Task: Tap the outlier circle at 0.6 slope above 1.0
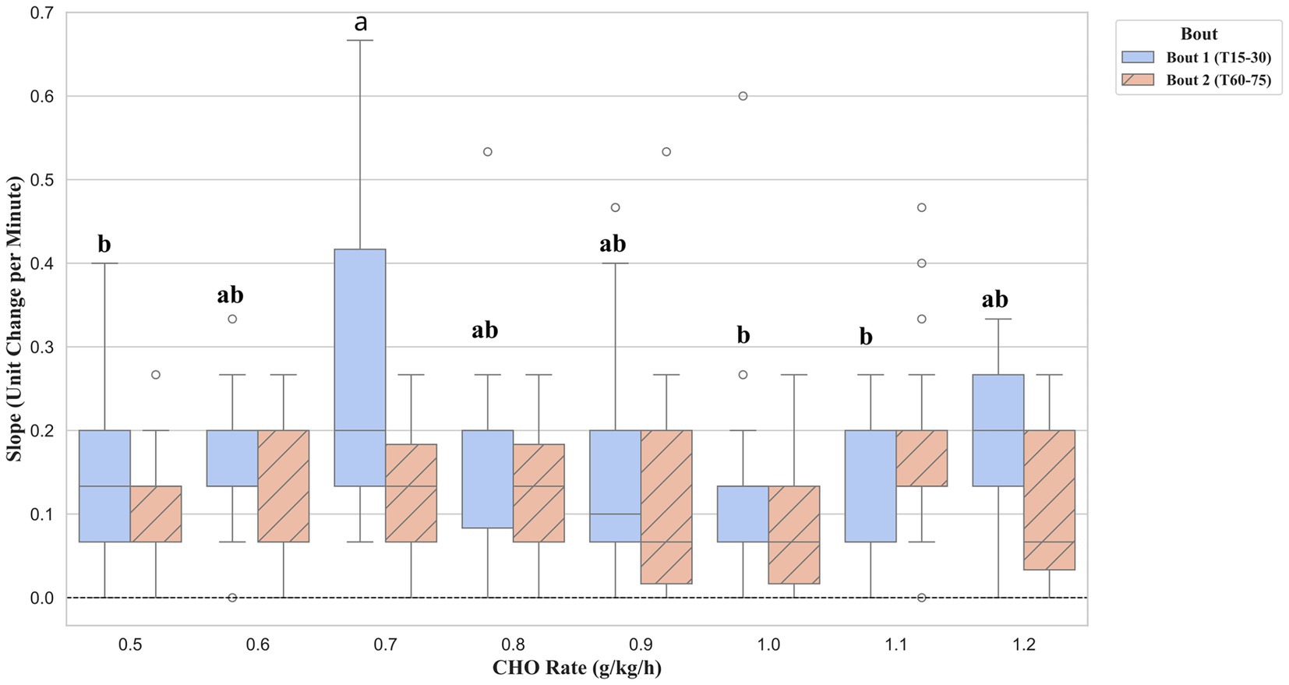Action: pos(743,96)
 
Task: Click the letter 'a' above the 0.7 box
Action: pos(360,23)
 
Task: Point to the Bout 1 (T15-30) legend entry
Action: pos(1197,58)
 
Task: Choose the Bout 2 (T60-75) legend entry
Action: pos(1197,79)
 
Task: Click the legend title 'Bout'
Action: pos(1199,34)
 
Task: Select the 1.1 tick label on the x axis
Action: pos(896,644)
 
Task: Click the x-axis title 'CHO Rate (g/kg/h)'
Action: pos(577,668)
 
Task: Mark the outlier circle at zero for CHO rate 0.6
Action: pos(232,598)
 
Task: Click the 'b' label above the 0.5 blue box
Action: pos(104,244)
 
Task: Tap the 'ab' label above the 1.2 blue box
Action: pos(994,299)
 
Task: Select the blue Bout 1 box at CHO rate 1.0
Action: pos(743,514)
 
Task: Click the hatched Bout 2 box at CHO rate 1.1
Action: pos(922,458)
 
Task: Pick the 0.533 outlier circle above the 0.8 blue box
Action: pos(488,152)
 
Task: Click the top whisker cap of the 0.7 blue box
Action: pos(360,40)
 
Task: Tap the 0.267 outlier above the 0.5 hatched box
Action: pos(156,375)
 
